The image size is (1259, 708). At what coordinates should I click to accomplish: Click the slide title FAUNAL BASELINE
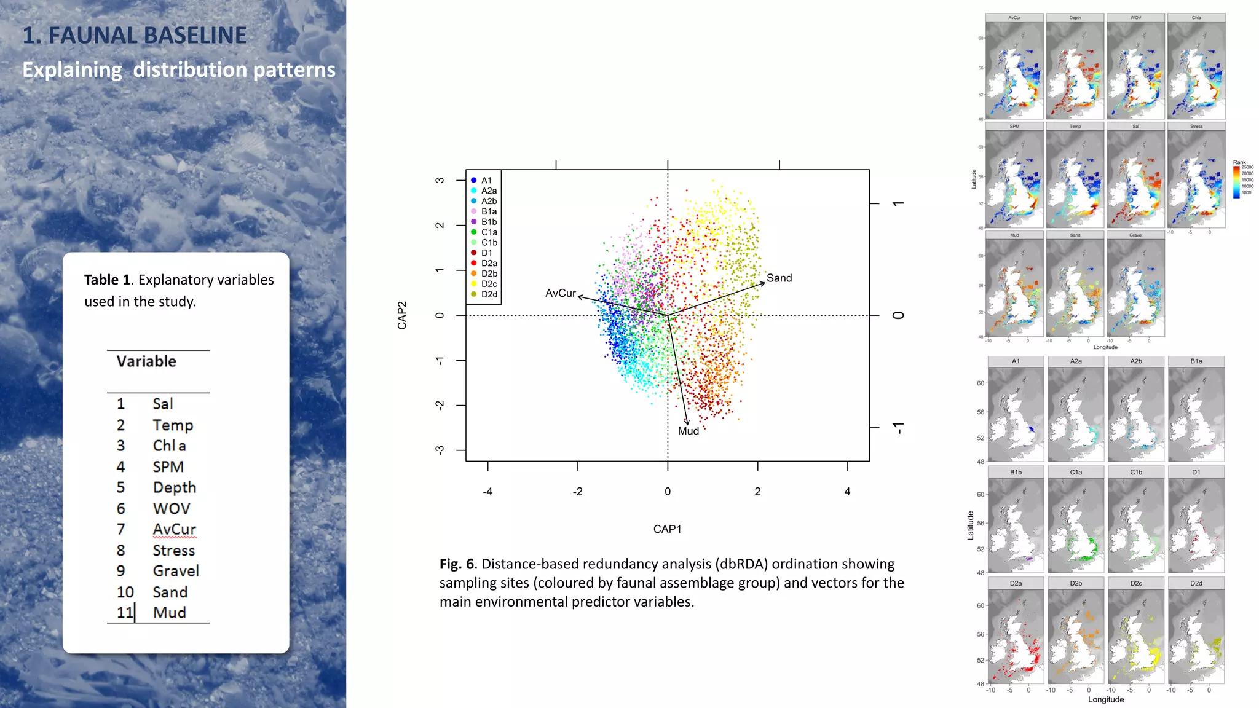tap(135, 36)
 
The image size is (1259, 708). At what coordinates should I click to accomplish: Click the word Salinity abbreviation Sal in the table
tap(163, 404)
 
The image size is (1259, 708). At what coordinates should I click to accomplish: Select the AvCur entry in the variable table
tap(174, 529)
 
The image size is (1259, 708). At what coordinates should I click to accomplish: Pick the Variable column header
tap(146, 361)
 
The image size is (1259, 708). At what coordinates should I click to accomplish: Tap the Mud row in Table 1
tap(169, 613)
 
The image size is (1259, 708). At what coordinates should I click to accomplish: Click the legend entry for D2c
tap(489, 284)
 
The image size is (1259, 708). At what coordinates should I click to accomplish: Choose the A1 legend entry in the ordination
tap(486, 180)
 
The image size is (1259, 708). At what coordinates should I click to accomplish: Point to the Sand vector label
tap(779, 278)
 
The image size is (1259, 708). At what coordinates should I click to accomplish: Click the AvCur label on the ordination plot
tap(560, 293)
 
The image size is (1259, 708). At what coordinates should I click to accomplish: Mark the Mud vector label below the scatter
tap(688, 431)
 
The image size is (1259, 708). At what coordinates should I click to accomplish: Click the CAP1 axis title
tap(667, 529)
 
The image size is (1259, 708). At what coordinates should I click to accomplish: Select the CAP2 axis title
tap(402, 315)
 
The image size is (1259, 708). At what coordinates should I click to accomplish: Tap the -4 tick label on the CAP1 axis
tap(487, 492)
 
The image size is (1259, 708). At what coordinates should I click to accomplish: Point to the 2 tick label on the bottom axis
tap(757, 492)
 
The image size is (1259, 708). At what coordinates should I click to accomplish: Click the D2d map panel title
tap(1196, 583)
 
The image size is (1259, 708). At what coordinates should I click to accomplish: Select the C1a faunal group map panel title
tap(1076, 472)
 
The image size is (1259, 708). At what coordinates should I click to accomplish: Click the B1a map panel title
tap(1196, 361)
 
